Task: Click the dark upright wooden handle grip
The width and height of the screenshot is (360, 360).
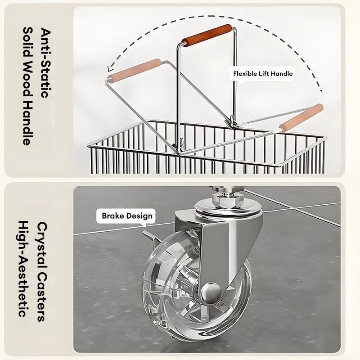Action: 207,36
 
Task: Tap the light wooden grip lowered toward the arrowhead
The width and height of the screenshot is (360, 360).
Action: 134,69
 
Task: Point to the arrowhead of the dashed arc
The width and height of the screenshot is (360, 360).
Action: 110,69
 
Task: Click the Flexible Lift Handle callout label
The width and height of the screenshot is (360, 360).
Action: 263,74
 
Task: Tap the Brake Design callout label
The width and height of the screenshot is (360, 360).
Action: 127,216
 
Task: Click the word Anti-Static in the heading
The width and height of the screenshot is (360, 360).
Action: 45,63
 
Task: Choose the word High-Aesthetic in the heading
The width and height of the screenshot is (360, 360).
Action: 23,269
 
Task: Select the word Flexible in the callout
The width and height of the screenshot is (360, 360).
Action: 244,74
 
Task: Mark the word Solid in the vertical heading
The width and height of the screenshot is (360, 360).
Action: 28,42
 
